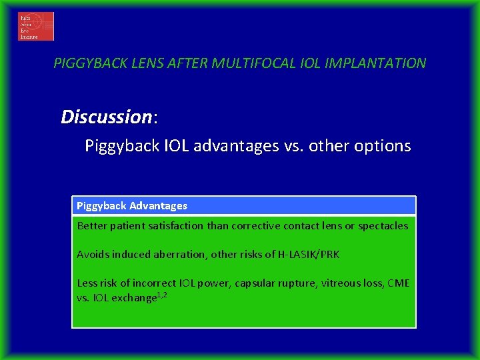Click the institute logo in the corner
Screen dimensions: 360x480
36,26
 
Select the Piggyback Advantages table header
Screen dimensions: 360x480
132,206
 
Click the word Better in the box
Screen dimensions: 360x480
91,226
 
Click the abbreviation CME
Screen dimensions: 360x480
398,283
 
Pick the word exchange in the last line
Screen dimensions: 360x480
133,297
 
